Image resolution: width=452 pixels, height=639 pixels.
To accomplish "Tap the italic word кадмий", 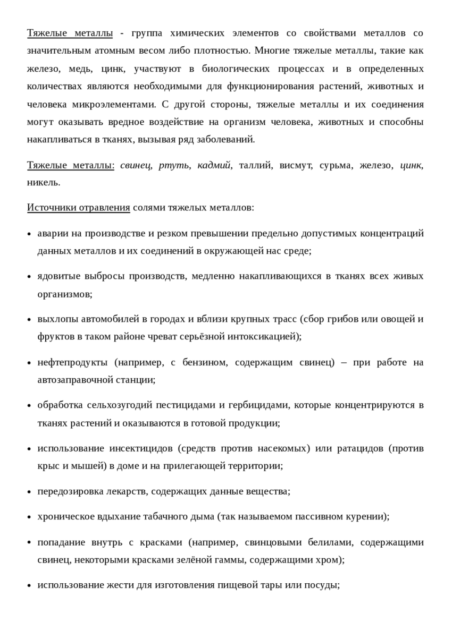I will point(214,165).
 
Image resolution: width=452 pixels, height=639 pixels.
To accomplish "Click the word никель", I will point(44,182).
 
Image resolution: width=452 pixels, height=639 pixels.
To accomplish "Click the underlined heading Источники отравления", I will point(78,207).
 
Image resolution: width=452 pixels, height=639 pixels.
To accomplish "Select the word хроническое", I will point(63,516).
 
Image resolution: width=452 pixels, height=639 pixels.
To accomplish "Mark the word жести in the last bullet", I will point(105,585).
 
